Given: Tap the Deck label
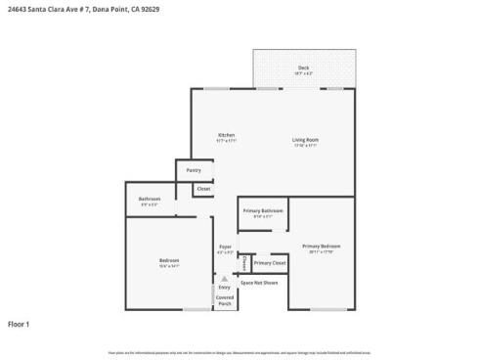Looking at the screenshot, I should coord(304,67).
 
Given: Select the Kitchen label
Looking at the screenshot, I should coord(226,135).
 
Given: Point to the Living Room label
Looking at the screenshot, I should coord(305,140).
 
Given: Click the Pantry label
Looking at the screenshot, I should coord(194,170).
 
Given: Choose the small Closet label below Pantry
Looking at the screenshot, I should coord(203,188).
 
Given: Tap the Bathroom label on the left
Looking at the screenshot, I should coord(150,199).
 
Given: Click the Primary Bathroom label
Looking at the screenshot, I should coord(264,210).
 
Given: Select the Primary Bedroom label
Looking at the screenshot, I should coord(321,246).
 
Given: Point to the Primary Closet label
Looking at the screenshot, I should coord(270,263).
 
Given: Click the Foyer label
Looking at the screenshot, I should coord(225,247).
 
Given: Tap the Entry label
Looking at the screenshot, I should coord(225,287).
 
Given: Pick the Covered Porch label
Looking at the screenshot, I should coord(225,300).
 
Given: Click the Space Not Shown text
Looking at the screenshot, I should coord(260,282).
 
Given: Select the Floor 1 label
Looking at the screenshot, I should coord(20,324).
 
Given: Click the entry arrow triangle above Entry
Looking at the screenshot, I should coord(225,278).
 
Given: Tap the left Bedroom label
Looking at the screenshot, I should coord(169,259).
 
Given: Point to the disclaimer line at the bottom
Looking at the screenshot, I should coord(239,352).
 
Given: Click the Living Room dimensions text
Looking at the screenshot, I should coord(305,146).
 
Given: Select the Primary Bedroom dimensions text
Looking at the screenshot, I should coord(321,251).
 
